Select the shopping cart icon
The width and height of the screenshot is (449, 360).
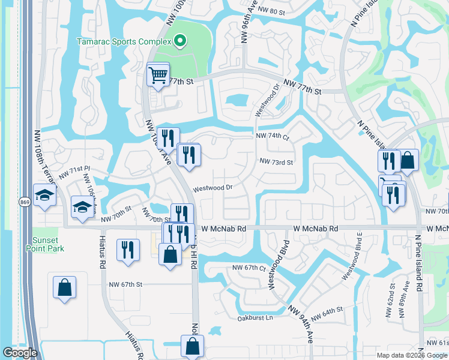pos(158,75)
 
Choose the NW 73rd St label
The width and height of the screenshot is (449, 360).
pos(276,162)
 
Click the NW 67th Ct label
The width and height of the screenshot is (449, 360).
pos(249,268)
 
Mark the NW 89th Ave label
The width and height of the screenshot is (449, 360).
pos(406,294)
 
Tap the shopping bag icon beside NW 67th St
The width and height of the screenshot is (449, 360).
pos(64,287)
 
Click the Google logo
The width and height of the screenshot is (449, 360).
pos(20,353)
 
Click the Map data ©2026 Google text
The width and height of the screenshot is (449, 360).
pos(412,355)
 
